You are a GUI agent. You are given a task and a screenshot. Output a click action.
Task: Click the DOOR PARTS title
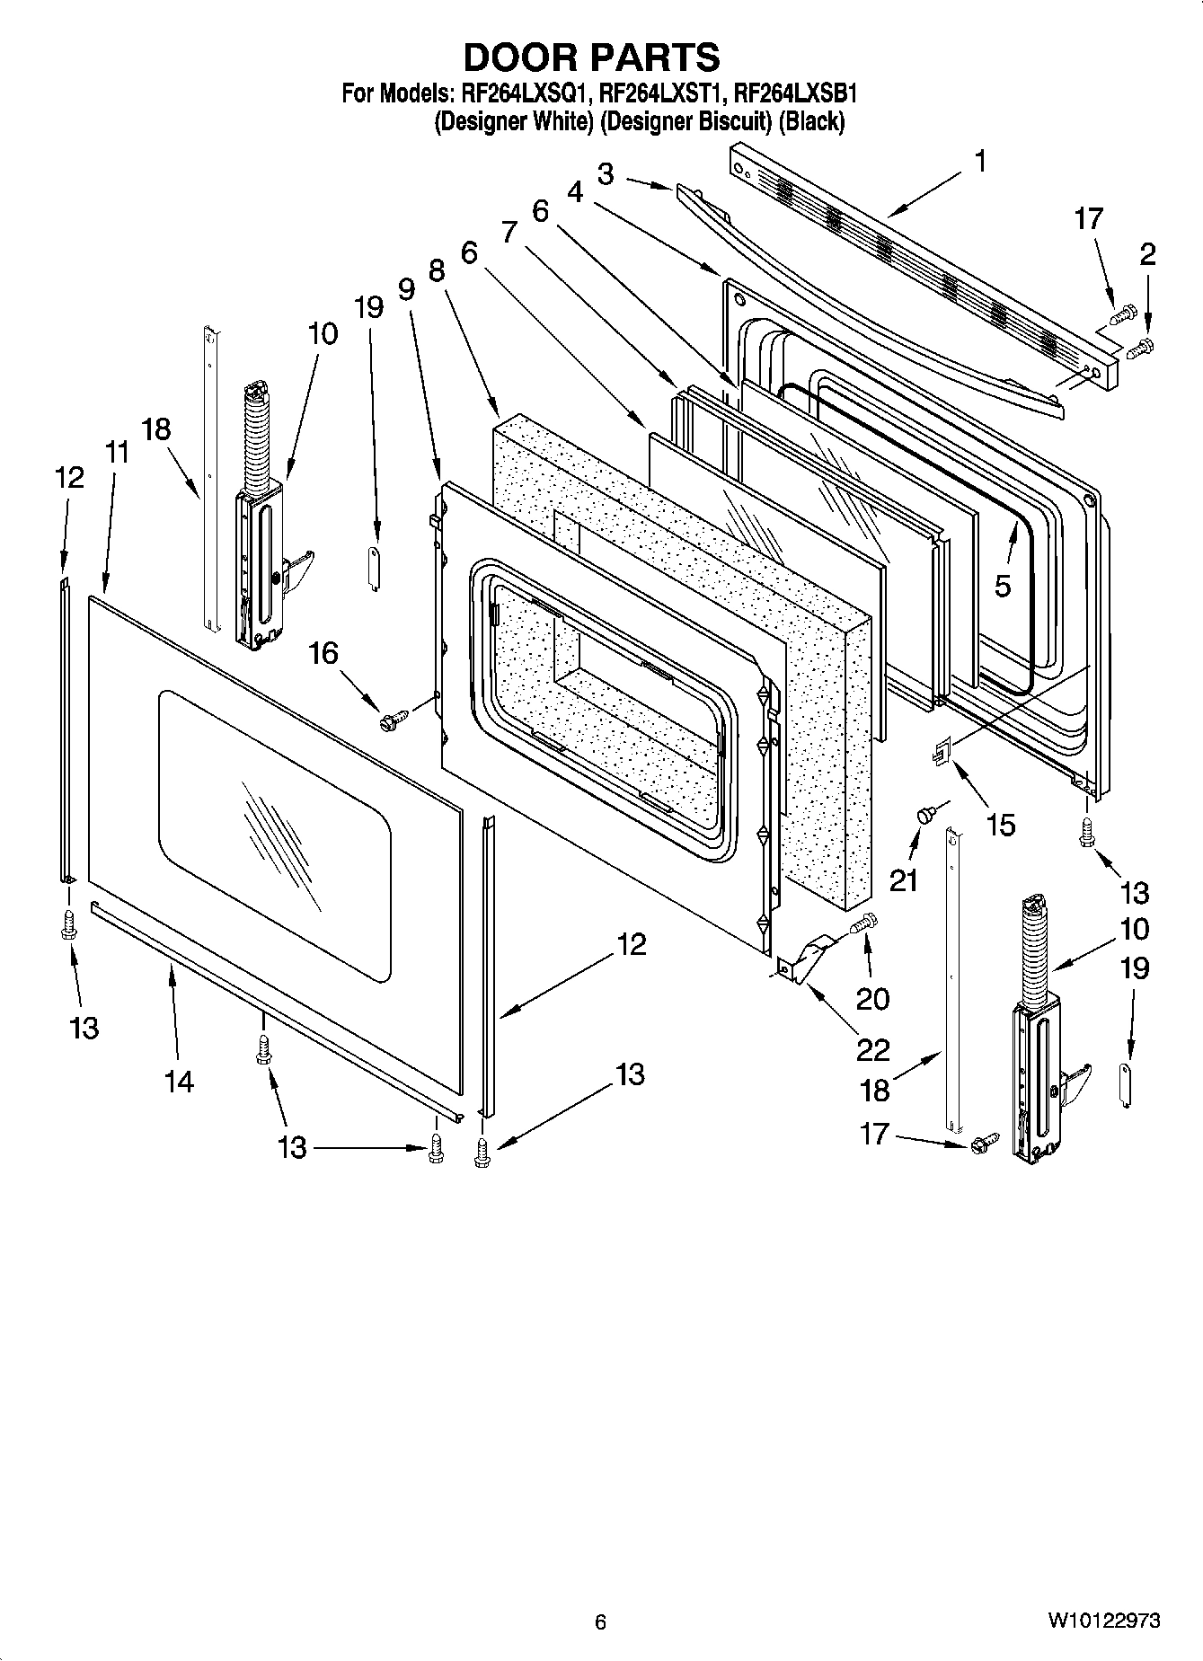[x=591, y=57]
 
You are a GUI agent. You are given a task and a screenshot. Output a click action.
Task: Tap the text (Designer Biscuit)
[x=686, y=121]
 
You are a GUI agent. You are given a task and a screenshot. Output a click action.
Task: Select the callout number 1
[x=980, y=162]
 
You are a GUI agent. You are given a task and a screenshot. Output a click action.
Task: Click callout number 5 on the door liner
[x=1003, y=586]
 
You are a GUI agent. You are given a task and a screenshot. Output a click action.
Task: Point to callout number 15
[x=1000, y=824]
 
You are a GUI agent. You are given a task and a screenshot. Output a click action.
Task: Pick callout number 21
[x=904, y=880]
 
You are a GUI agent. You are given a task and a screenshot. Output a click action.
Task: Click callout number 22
[x=872, y=1048]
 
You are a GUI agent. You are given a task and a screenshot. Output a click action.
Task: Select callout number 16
[x=323, y=653]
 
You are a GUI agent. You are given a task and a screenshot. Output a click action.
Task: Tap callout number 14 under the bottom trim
[x=179, y=1082]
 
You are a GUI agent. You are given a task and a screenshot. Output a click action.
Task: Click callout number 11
[x=117, y=452]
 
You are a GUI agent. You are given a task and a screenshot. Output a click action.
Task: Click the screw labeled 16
[x=394, y=719]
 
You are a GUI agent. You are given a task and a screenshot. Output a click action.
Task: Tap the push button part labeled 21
[x=924, y=813]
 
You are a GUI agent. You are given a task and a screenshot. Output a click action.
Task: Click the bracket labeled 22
[x=805, y=959]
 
